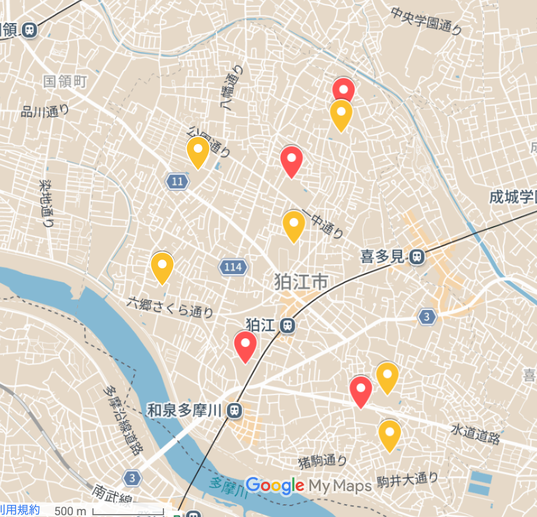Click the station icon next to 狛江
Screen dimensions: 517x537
[x=287, y=326]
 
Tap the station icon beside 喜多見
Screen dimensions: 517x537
[x=415, y=256]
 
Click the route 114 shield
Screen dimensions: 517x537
[x=233, y=267]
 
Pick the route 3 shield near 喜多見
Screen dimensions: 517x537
[x=426, y=316]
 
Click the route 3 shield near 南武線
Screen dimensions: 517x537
[x=132, y=478]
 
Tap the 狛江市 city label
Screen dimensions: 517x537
[x=301, y=283]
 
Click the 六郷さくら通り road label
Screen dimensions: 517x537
[x=170, y=306]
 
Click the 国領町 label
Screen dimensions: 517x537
[x=65, y=81]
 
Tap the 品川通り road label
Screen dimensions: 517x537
[x=45, y=110]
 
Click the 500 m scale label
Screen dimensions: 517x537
[x=70, y=511]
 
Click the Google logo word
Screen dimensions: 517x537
[x=274, y=486]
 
